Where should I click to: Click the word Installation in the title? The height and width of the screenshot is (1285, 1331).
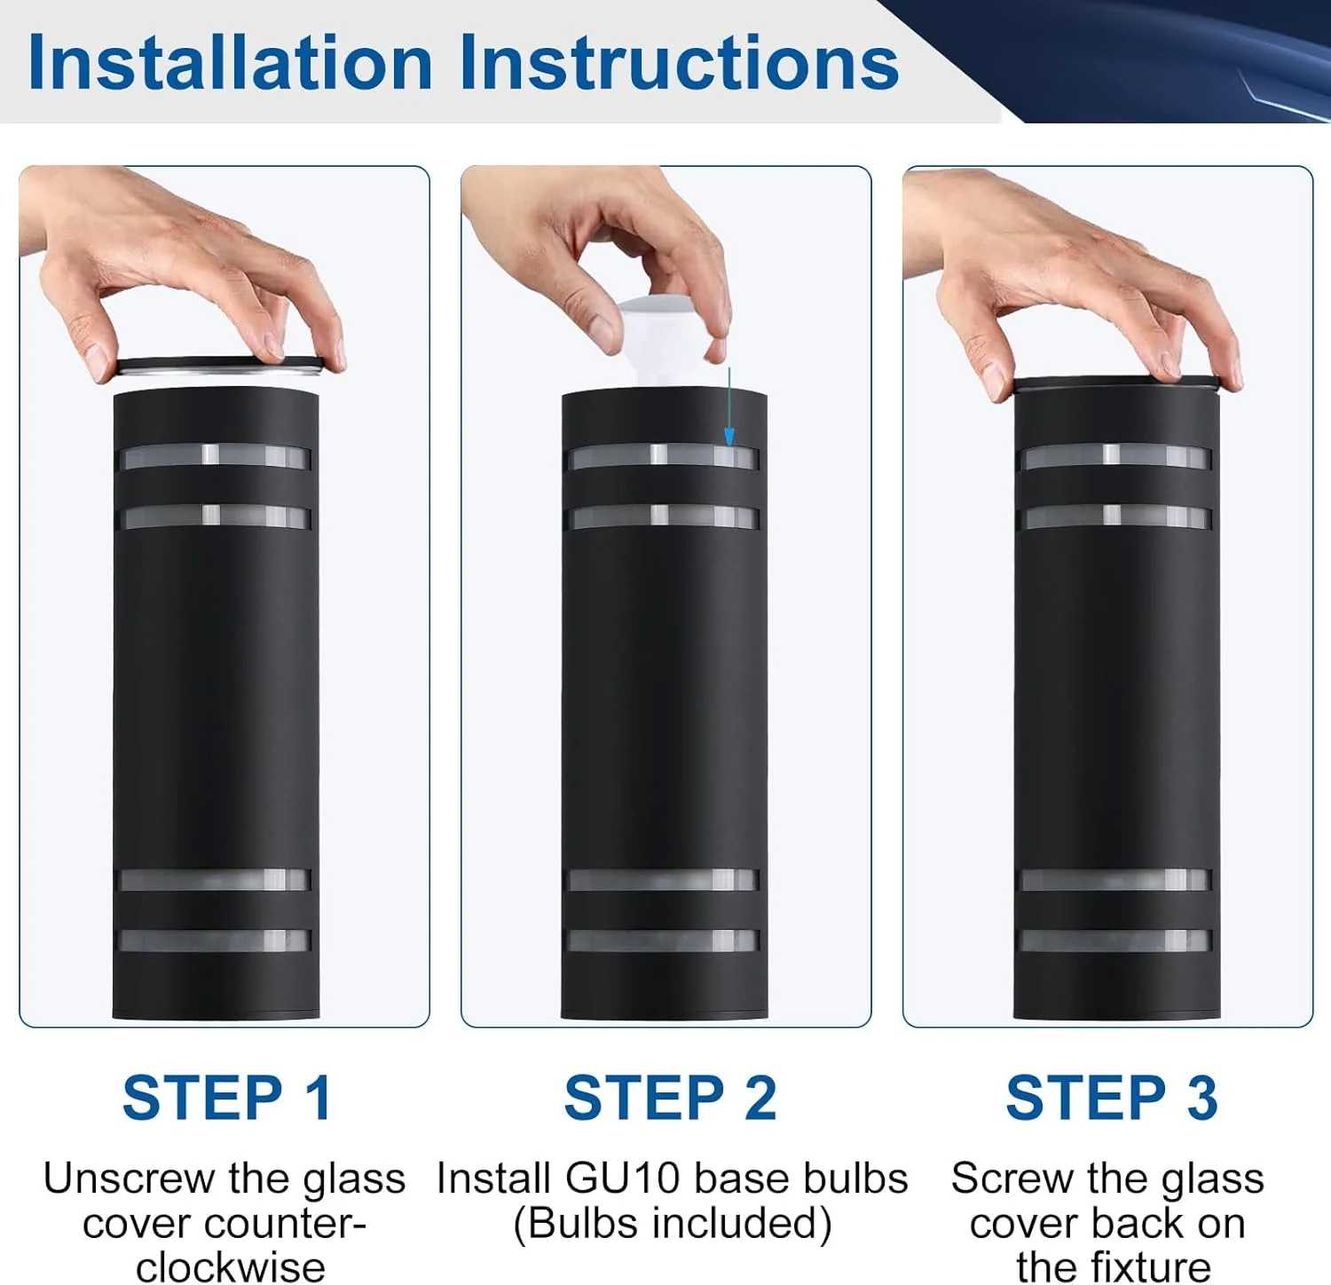tap(231, 62)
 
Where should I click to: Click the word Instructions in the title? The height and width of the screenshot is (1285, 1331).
tap(679, 62)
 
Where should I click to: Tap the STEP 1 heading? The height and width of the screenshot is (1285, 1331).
tap(227, 1098)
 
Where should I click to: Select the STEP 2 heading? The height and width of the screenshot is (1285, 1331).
tap(671, 1098)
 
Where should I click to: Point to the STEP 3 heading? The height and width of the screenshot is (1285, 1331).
tap(1112, 1098)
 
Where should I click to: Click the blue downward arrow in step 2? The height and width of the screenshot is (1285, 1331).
tap(729, 406)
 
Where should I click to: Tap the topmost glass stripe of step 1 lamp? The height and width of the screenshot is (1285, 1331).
tap(216, 456)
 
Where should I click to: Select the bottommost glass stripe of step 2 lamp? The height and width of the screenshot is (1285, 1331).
tap(663, 941)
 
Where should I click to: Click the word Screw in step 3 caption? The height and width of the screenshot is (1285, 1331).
tap(1012, 1179)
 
